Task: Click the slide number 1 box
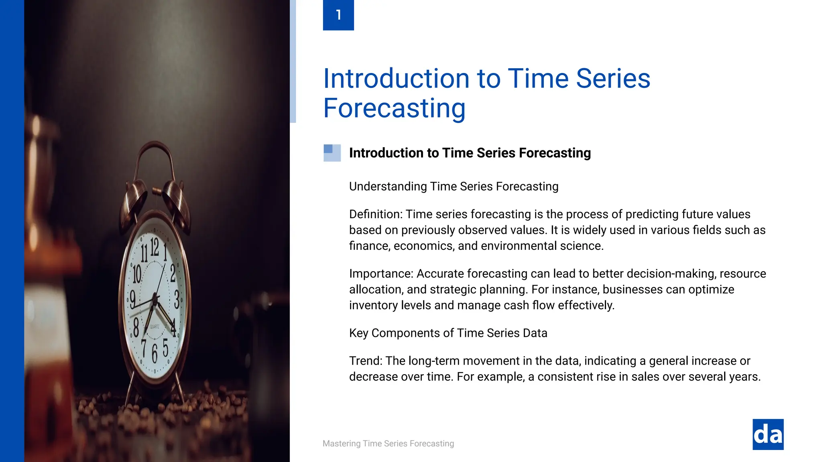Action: (338, 15)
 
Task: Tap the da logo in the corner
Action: (768, 434)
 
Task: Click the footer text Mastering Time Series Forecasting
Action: (388, 444)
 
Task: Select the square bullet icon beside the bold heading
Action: (332, 153)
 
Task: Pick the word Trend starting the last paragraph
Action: (365, 361)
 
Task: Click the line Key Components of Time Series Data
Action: (448, 333)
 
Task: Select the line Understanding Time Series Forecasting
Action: (454, 186)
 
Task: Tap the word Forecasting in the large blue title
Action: (394, 108)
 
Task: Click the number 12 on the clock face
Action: (155, 246)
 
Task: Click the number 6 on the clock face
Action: (155, 353)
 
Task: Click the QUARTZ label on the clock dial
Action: (155, 327)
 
